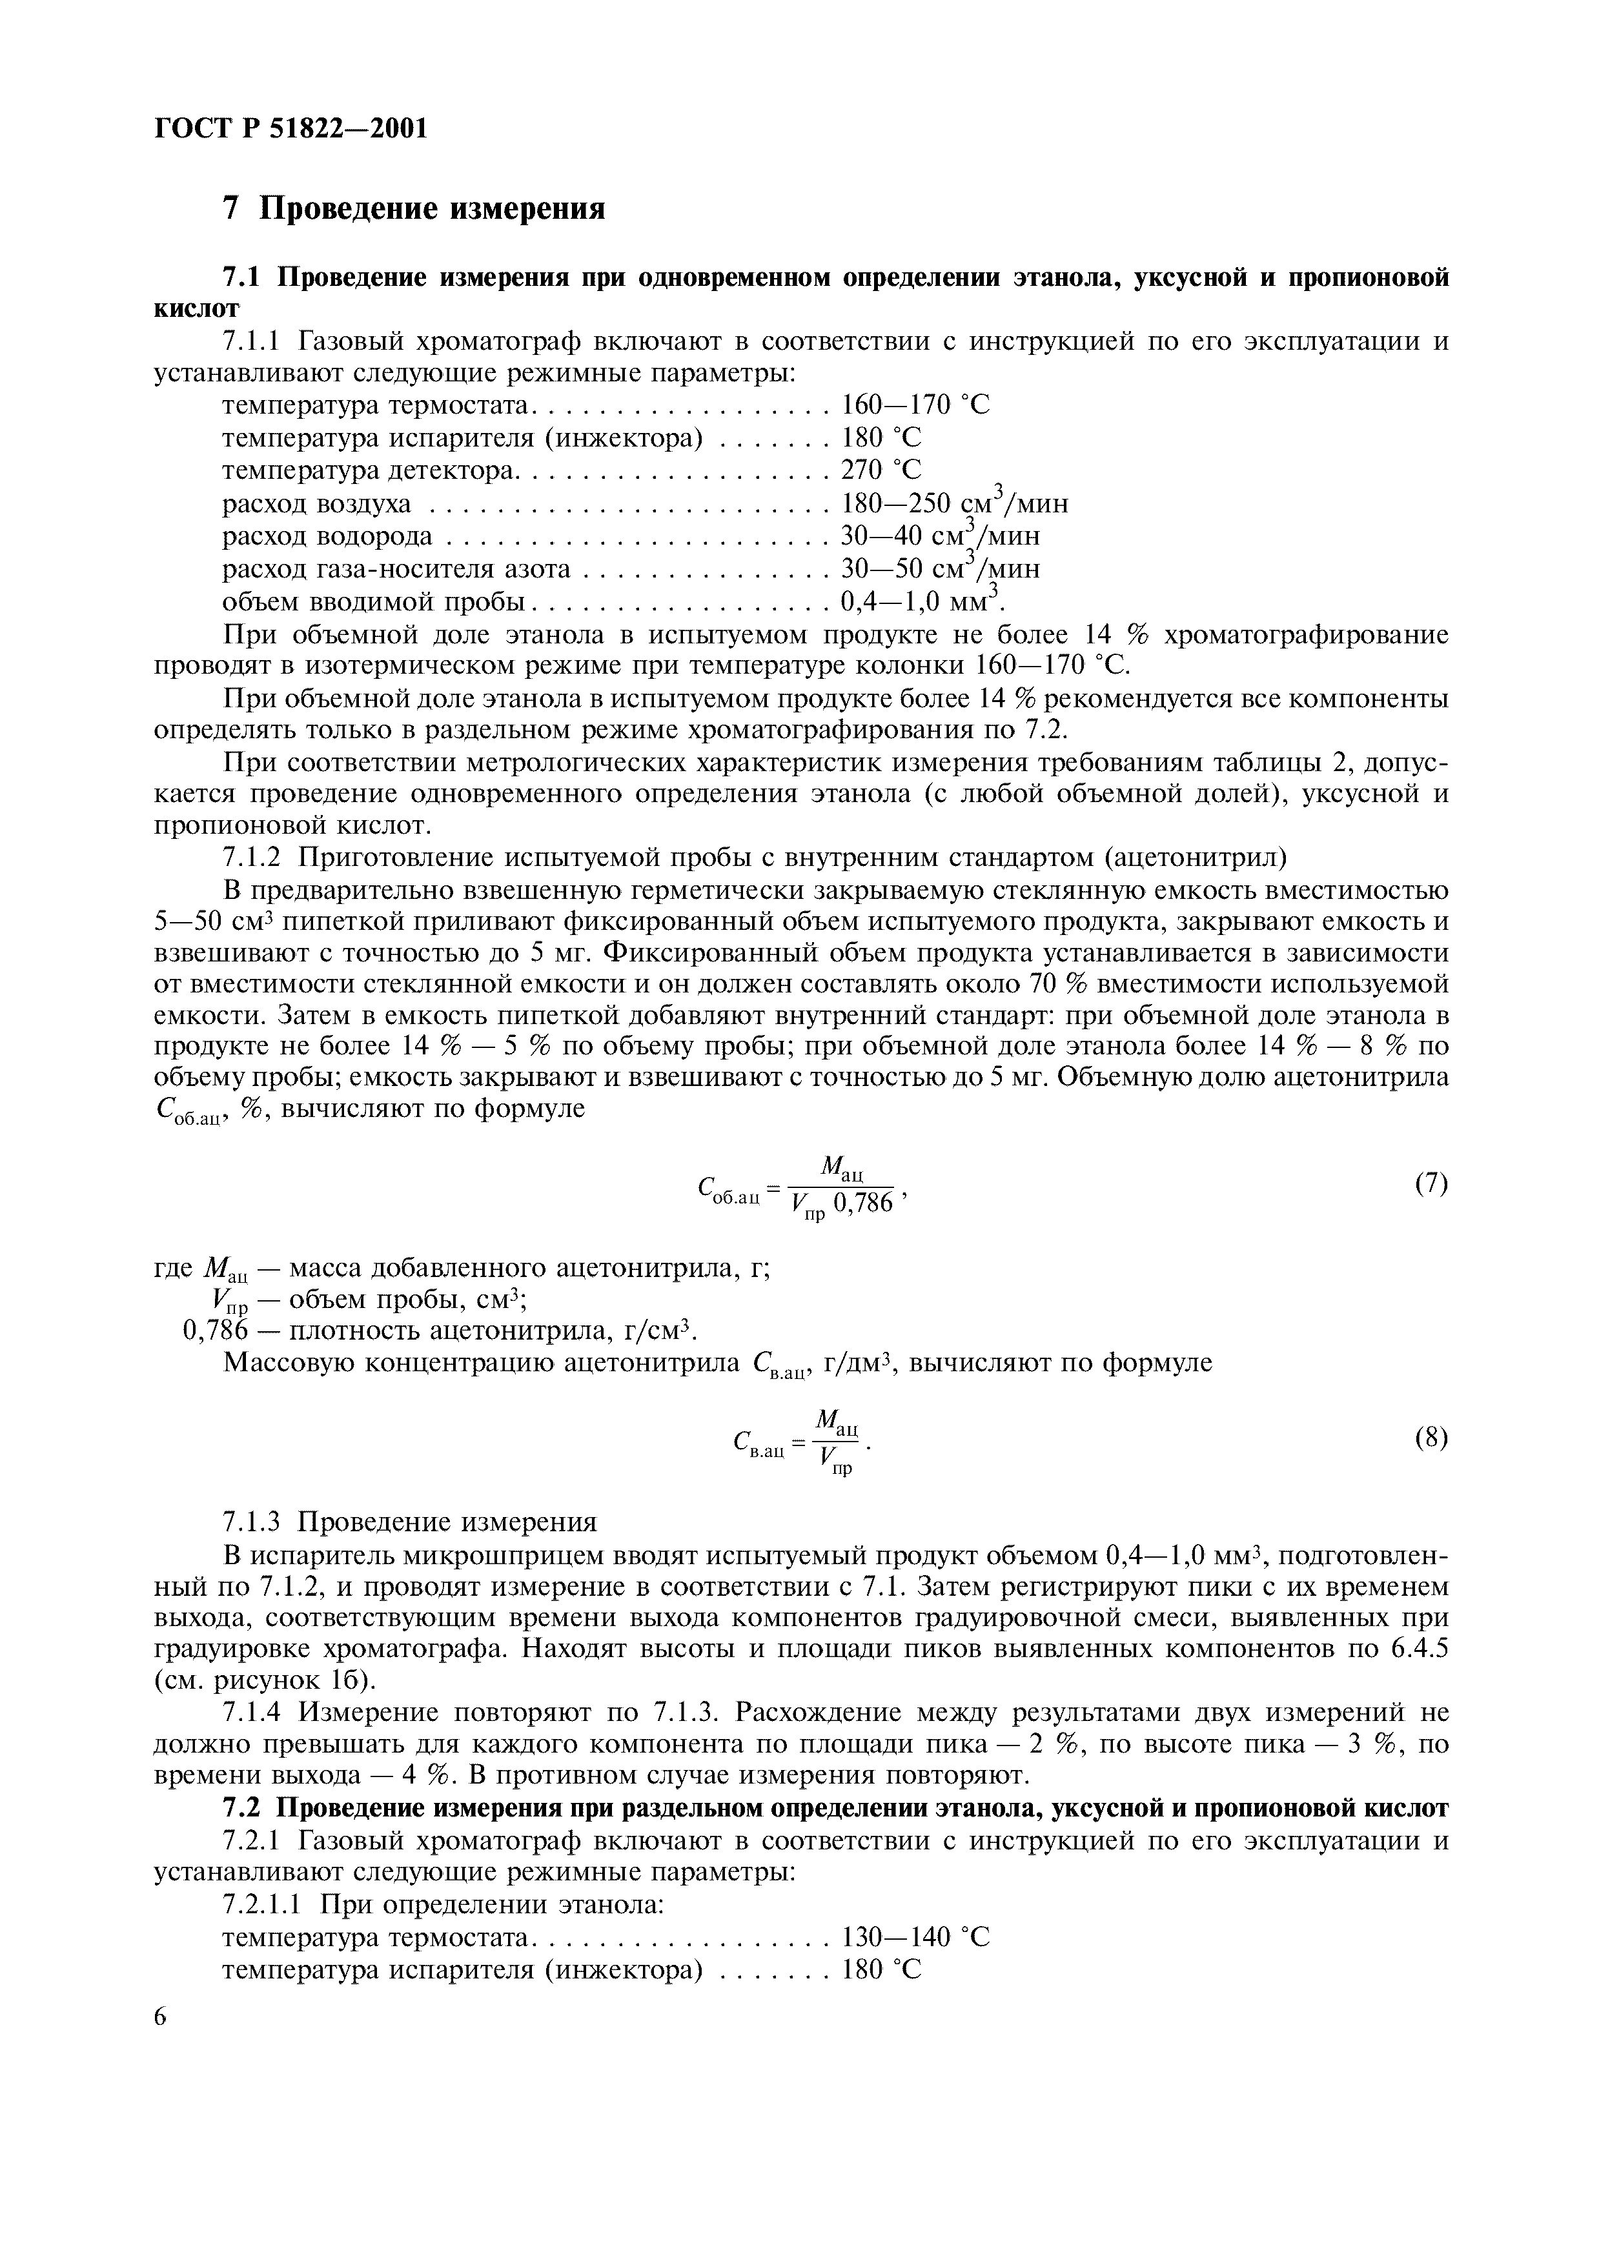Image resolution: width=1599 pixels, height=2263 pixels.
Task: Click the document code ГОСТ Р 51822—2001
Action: coord(292,128)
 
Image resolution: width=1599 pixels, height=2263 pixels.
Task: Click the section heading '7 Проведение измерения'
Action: coord(414,209)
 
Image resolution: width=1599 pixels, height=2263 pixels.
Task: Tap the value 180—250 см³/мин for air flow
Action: coord(953,504)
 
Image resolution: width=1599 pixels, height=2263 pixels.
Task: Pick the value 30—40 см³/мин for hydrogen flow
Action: coord(939,536)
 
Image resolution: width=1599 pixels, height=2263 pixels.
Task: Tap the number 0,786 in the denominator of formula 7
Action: coord(864,1202)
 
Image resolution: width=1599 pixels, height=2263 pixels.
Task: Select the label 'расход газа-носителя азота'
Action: coord(396,568)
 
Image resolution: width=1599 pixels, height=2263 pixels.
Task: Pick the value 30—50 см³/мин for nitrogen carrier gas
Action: coord(939,568)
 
